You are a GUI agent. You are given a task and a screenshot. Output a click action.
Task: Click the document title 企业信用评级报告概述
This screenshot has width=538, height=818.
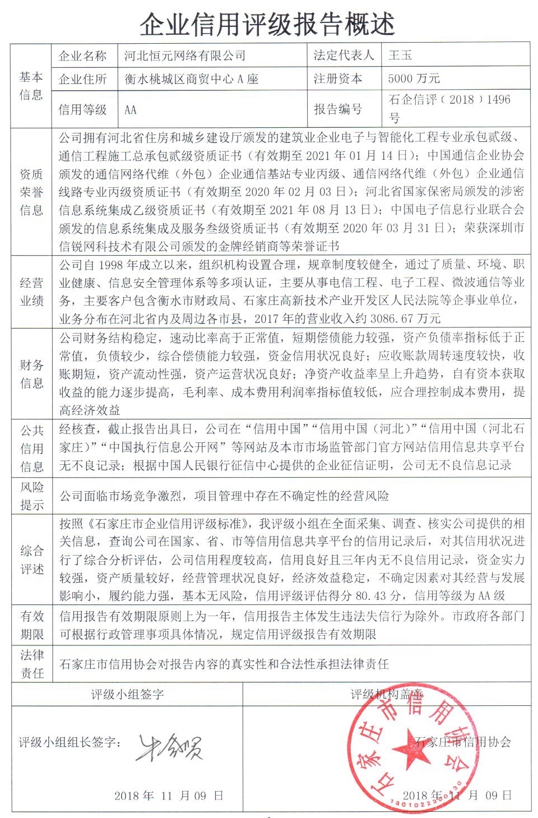coord(267,24)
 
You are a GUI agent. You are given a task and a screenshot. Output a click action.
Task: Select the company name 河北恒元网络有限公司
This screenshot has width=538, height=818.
coord(184,56)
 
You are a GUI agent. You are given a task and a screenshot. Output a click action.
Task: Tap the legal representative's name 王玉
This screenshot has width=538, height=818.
coord(400,55)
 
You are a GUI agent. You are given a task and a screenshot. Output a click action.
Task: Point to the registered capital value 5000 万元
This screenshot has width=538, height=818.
coord(414,78)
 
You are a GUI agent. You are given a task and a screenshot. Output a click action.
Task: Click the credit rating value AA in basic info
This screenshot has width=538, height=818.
coord(130,110)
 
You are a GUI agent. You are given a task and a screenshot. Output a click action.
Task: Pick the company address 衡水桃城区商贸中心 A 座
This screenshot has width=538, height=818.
coord(191,79)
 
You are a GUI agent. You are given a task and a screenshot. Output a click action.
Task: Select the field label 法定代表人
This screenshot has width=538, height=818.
coord(343,55)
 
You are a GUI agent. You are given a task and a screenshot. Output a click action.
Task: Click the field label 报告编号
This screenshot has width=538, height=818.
coord(337,109)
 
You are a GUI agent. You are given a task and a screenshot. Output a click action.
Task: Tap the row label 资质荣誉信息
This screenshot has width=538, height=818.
coord(31,192)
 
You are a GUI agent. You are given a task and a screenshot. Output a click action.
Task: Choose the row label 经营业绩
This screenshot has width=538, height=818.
coord(31,292)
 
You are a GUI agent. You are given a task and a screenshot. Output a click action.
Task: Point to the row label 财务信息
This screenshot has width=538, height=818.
coord(31,374)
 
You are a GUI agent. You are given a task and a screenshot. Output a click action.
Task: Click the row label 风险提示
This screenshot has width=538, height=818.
coord(31,496)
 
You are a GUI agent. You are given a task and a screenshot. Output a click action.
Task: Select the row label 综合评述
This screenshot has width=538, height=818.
coord(31,560)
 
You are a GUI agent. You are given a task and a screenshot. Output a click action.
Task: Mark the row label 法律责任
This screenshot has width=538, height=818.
coord(31,664)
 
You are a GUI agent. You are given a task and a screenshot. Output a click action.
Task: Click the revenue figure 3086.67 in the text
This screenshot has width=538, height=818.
coord(390,318)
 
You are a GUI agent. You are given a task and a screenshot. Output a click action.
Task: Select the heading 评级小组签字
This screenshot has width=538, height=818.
coord(127,695)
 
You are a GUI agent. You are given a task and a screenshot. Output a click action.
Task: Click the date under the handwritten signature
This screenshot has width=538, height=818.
coord(169,796)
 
